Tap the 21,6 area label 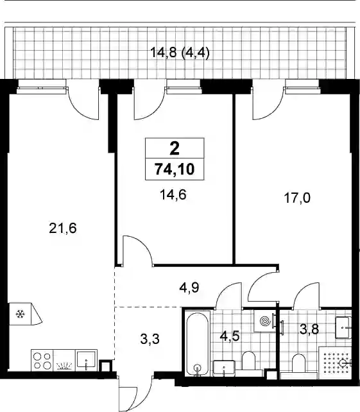63,228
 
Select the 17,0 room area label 297,198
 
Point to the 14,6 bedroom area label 173,195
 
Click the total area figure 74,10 175,169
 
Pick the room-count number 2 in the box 175,148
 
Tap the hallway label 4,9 189,288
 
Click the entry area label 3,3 150,339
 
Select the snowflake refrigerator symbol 21,314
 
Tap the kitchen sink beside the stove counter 87,360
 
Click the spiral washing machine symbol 265,321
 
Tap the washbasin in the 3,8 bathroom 343,328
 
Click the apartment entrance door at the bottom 135,393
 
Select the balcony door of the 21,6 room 83,100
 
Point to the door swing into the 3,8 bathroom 307,295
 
